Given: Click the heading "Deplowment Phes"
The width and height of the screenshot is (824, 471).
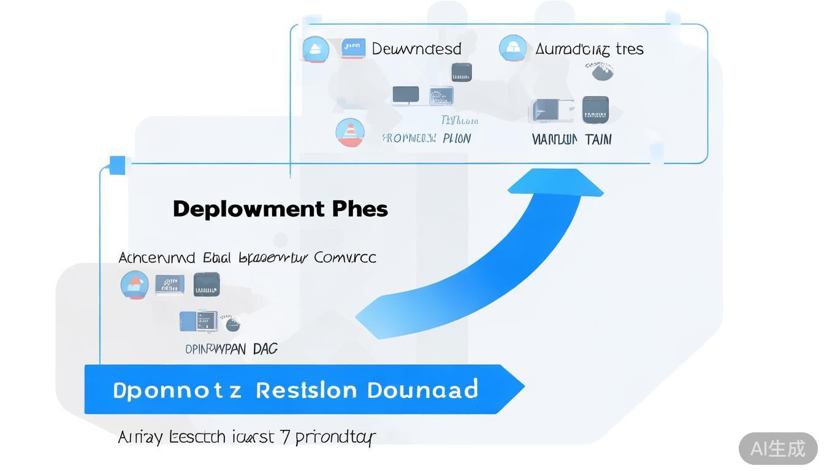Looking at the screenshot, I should tap(280, 209).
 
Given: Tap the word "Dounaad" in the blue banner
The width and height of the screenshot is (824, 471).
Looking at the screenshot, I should tap(422, 390).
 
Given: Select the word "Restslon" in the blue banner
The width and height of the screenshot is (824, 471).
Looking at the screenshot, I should tap(306, 390).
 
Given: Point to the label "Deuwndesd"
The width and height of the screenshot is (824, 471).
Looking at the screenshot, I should tap(416, 49).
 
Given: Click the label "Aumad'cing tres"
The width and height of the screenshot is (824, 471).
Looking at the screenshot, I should tap(589, 49).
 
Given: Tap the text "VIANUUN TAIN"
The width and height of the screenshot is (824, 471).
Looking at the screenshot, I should tap(571, 140).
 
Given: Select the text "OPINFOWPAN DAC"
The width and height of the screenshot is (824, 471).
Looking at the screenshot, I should tap(231, 349).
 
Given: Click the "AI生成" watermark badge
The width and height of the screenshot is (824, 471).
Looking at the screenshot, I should tap(777, 448).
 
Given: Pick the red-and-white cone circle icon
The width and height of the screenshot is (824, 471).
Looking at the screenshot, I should tap(350, 132).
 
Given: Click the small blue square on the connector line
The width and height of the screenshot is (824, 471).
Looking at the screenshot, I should tap(117, 165).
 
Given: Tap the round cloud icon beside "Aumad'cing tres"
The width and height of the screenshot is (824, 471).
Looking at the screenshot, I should tap(513, 48).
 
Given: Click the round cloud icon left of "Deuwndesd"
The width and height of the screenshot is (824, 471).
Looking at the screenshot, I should tap(316, 50).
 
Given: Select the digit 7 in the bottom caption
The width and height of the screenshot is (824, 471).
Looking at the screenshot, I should tap(284, 437).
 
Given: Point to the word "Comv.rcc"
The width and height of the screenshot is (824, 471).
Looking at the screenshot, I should tap(345, 258).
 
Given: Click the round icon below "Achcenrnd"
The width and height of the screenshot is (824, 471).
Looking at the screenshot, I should tap(134, 285).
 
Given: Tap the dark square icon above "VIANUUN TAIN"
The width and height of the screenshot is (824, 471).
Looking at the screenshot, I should tap(595, 110).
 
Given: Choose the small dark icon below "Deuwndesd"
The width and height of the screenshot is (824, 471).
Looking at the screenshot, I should tap(461, 72).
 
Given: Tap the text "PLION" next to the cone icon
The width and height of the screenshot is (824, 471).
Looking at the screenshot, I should tap(457, 139).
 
